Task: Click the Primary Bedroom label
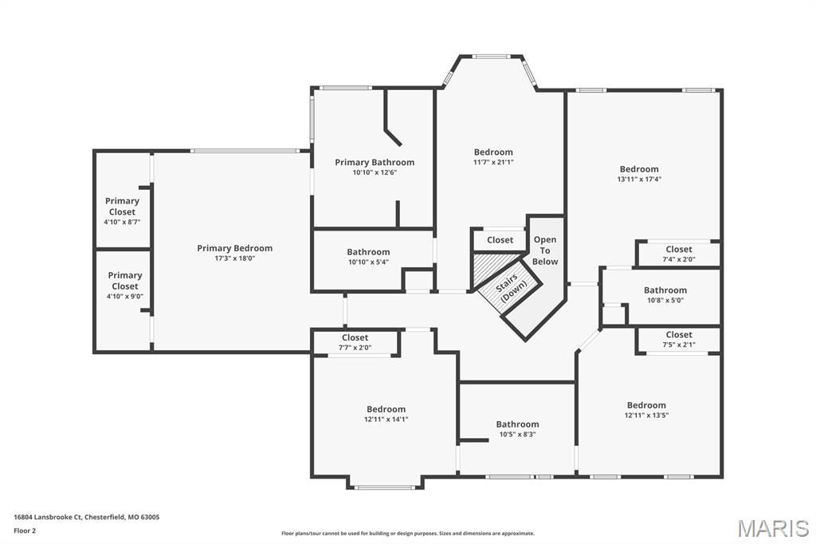tap(234, 248)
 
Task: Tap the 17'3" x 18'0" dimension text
tap(234, 258)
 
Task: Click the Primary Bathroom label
tap(374, 162)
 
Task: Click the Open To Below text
tap(545, 250)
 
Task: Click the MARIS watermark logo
tap(772, 527)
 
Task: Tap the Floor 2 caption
tap(25, 530)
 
